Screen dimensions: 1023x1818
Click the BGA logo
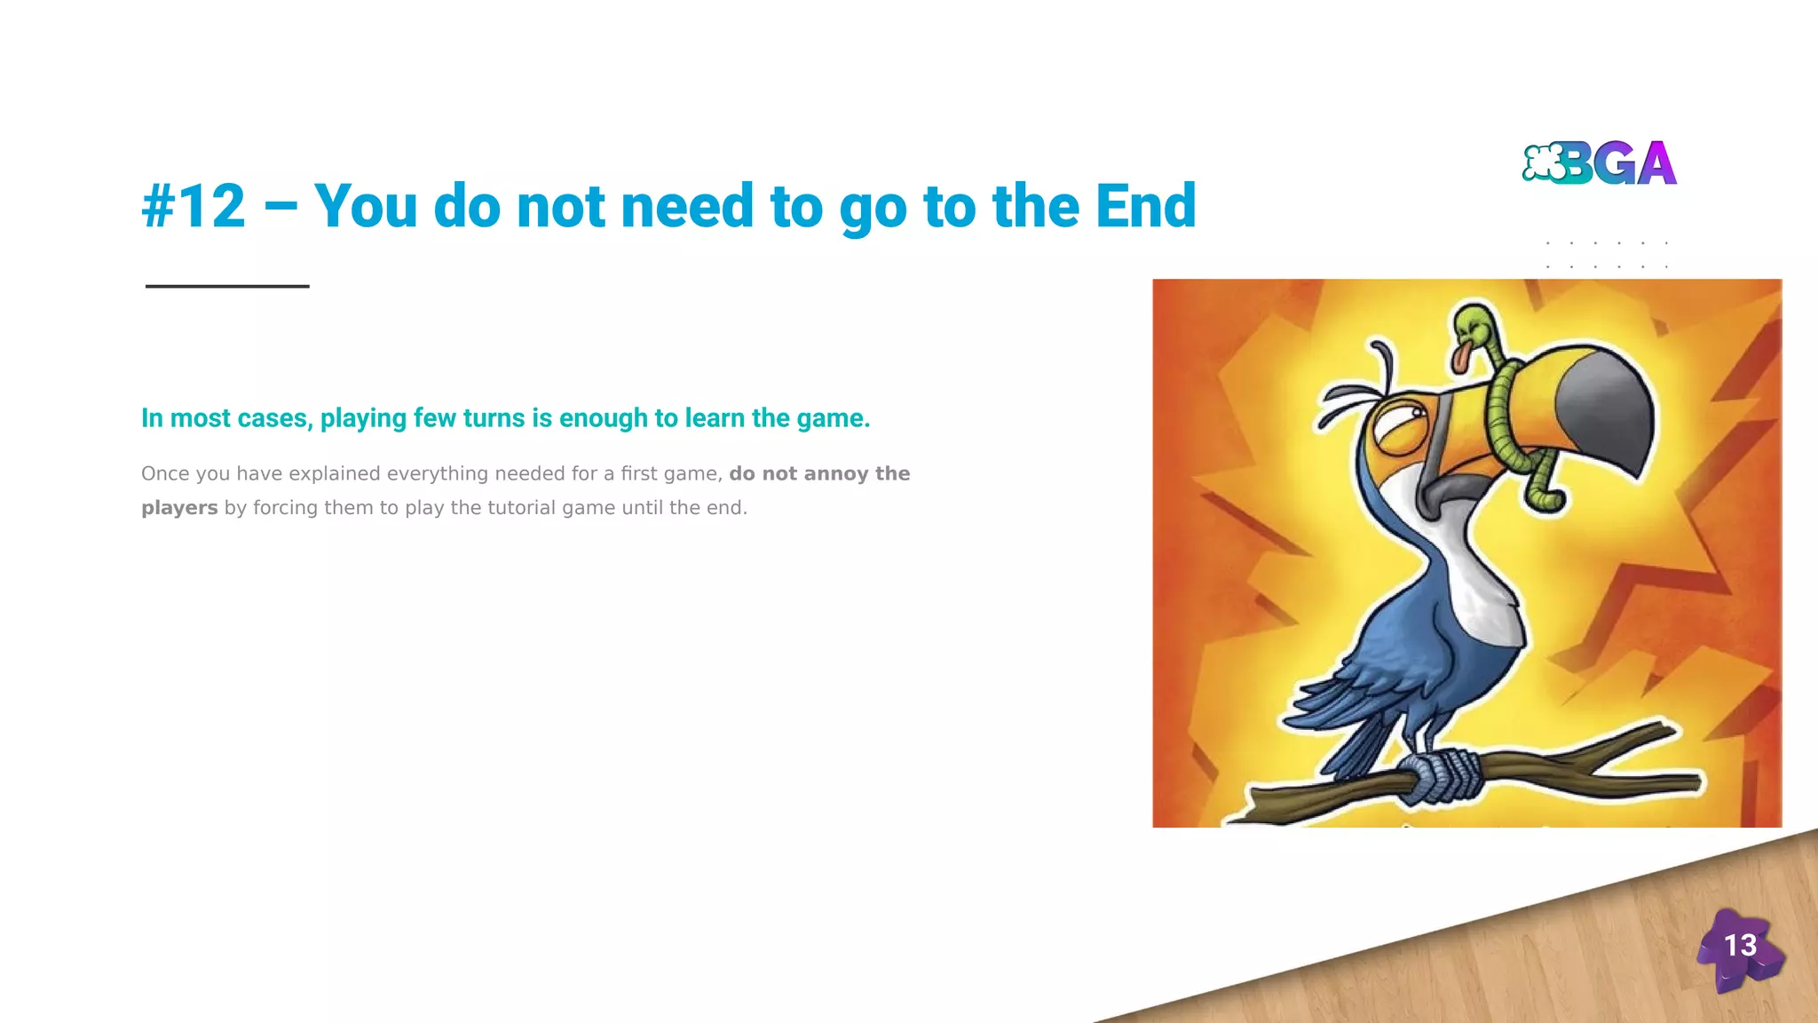(x=1599, y=163)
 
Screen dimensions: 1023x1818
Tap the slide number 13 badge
(x=1740, y=947)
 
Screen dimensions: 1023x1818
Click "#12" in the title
(x=194, y=206)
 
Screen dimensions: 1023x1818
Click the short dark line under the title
(x=227, y=286)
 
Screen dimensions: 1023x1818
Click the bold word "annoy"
(x=835, y=473)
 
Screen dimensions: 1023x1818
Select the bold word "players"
(x=179, y=508)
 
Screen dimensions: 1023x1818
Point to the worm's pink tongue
(x=1460, y=358)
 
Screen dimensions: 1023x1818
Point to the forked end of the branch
(x=1660, y=755)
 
